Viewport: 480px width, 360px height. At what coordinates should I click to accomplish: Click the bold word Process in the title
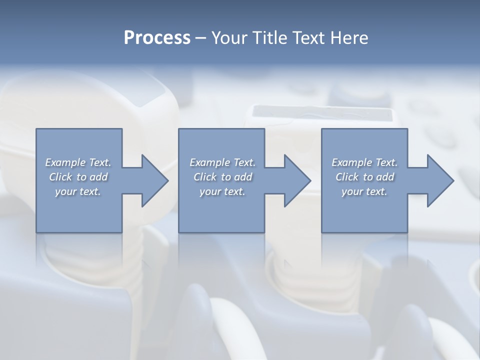(157, 38)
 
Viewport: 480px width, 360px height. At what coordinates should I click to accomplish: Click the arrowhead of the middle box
(296, 180)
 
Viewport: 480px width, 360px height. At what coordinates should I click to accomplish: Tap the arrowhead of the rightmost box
(439, 180)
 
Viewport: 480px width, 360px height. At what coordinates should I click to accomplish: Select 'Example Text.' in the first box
(78, 162)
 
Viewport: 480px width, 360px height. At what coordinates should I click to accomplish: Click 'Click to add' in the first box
(78, 177)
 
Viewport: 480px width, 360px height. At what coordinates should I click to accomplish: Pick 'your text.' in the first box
(78, 191)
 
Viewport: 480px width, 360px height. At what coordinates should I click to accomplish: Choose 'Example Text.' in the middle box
(222, 162)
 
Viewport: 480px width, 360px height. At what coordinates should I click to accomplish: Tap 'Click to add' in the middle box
(222, 177)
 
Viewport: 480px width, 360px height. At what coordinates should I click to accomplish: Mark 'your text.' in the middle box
(222, 191)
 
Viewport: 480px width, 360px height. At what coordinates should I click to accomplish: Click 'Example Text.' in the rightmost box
(364, 162)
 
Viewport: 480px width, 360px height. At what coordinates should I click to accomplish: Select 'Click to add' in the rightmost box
(364, 177)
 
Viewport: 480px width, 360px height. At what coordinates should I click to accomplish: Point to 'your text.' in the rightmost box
(364, 191)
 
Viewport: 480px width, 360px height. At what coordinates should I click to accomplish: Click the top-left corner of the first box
(36, 129)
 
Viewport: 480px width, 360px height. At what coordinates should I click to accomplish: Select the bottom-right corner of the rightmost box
(407, 232)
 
